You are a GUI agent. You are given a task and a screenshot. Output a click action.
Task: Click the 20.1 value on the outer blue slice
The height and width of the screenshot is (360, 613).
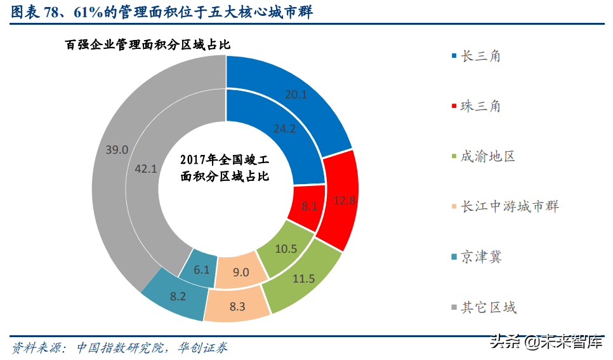coord(296,95)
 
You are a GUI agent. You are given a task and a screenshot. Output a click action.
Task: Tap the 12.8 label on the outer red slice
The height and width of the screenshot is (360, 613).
coord(343,201)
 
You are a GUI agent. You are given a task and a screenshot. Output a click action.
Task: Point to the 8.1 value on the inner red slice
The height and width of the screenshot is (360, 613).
coord(309,206)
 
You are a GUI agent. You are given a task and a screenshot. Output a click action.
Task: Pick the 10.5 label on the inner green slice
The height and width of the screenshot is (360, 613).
coord(286,248)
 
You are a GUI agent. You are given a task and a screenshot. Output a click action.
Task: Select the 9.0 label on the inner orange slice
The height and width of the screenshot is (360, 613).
coord(241,272)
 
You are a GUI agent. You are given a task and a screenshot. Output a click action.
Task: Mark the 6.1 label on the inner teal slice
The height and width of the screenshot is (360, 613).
coord(202,269)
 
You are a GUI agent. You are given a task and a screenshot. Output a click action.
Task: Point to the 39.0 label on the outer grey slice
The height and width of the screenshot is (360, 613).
coord(117,150)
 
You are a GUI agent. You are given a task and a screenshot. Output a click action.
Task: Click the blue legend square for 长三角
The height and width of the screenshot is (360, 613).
coord(453,56)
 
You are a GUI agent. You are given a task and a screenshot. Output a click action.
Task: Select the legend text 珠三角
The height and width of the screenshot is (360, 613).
coord(481,106)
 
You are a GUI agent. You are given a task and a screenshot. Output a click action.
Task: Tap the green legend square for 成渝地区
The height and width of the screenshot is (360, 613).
coord(453,156)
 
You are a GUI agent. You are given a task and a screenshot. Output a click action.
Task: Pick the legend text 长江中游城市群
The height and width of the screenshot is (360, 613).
coord(510,206)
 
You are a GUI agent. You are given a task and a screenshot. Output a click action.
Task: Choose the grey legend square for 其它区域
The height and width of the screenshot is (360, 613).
coord(453,307)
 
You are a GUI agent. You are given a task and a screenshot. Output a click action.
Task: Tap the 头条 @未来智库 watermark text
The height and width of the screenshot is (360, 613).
coord(546,342)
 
